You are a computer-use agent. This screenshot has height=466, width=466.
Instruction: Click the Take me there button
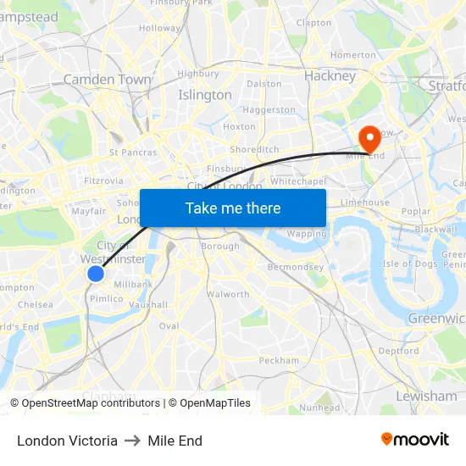(233, 208)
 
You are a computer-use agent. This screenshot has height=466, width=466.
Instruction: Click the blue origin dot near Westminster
(96, 273)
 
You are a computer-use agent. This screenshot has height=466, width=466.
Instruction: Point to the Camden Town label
(107, 80)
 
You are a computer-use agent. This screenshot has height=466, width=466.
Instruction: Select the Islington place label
(204, 95)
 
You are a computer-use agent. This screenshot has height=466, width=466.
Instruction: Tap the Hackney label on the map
(330, 75)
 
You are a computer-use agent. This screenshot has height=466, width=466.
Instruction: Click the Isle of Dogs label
(409, 264)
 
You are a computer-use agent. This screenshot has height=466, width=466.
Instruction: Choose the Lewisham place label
(425, 396)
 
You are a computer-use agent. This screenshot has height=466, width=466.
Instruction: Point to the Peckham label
(279, 360)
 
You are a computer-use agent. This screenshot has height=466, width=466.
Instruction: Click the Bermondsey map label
(290, 266)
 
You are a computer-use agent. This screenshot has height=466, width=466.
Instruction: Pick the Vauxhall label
(149, 304)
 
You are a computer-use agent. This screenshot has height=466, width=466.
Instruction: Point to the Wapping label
(307, 234)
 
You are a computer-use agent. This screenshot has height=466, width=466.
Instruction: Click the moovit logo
(415, 439)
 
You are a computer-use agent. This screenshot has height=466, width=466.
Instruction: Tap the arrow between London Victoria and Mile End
(133, 441)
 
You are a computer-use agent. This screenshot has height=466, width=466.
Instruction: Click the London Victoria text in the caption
(67, 441)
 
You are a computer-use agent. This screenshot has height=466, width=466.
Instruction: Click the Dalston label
(264, 84)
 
